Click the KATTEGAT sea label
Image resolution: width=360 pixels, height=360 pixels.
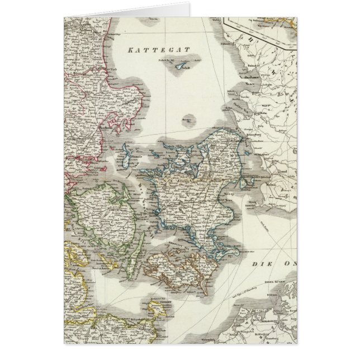pos(159,50)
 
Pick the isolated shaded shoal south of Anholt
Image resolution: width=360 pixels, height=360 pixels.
pos(190,120)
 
